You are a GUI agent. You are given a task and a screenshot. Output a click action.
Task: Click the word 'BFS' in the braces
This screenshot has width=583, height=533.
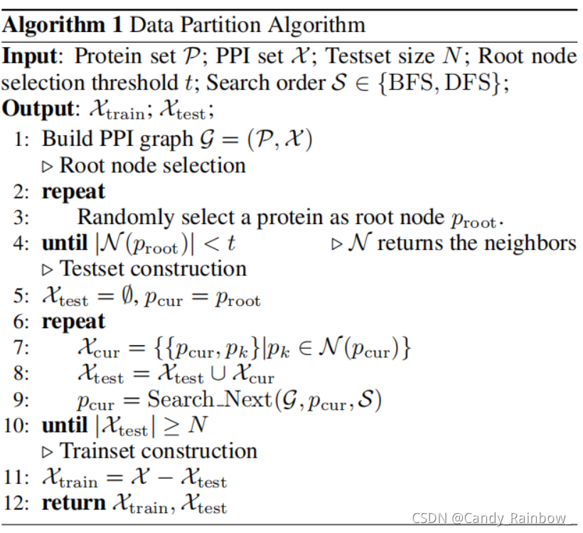point(428,83)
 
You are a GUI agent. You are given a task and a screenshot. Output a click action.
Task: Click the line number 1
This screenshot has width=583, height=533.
point(22,139)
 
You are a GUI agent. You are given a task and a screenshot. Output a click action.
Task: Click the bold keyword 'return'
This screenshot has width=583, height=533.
point(74,503)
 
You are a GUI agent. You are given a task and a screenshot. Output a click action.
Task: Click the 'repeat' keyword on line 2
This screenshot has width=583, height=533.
point(73,191)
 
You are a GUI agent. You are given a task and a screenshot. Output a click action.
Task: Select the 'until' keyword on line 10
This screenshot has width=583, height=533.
point(64,426)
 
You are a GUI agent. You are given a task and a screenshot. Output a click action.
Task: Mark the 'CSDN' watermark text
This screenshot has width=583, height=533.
point(430,518)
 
